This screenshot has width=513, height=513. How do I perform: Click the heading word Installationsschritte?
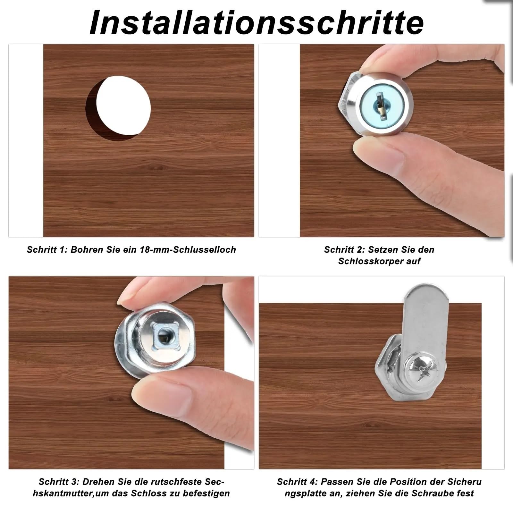pyautogui.click(x=257, y=22)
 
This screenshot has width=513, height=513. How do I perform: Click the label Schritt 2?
pyautogui.click(x=345, y=250)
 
